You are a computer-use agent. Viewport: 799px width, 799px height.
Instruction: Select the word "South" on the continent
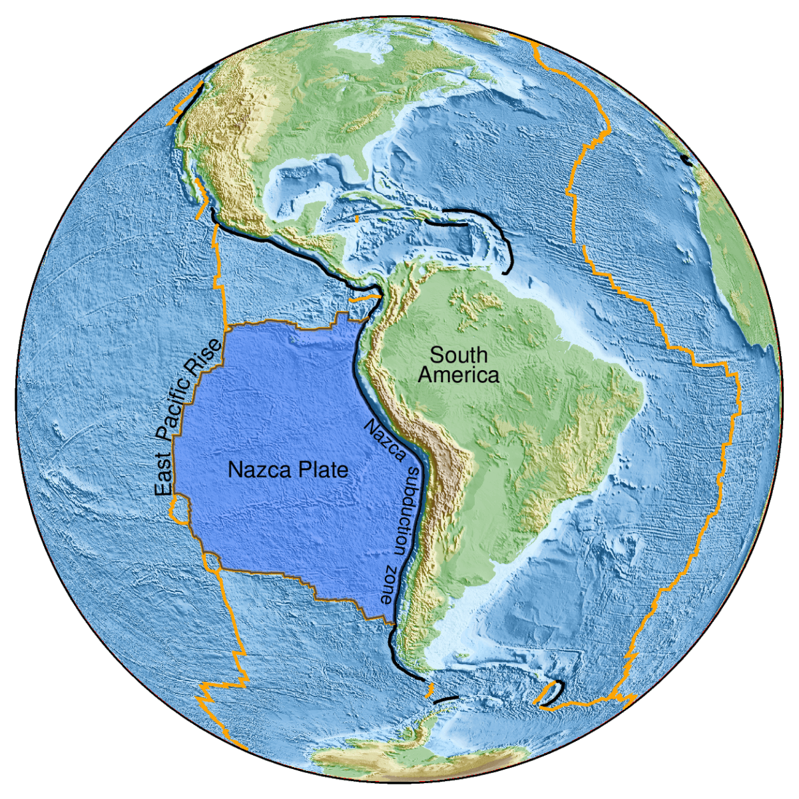[x=458, y=354]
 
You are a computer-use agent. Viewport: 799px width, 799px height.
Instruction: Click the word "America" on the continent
[x=458, y=375]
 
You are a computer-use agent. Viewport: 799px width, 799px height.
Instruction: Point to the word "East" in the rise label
[x=163, y=476]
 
